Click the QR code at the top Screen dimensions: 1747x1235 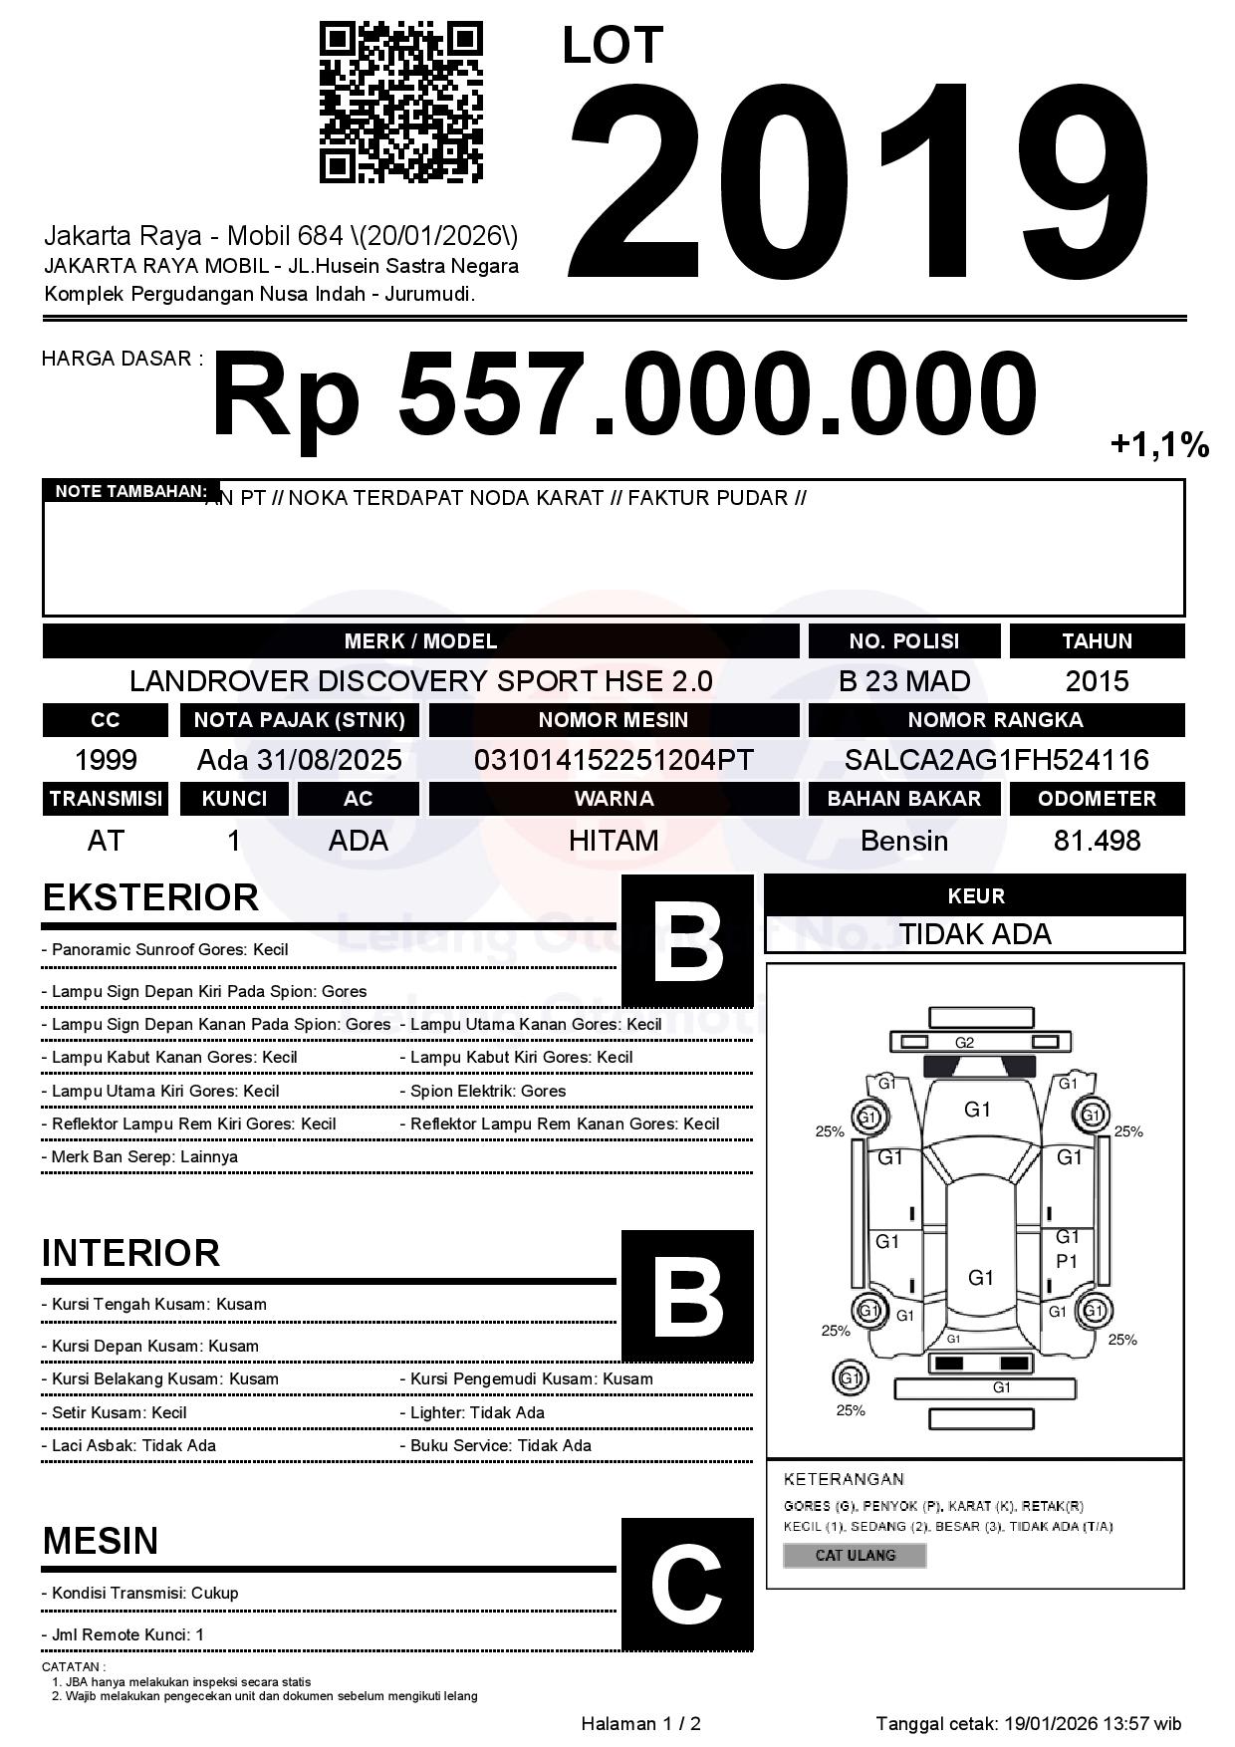pos(400,103)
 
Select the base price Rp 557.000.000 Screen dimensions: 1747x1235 pos(623,394)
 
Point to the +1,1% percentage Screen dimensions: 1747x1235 pos(1159,445)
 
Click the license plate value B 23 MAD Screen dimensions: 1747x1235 pos(903,681)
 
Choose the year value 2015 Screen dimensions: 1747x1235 pos(1097,681)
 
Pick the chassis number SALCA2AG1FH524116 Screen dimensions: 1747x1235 pos(996,760)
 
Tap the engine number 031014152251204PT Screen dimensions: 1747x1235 pos(614,760)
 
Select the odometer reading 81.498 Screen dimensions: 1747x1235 pos(1097,841)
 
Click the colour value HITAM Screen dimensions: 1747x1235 pos(614,841)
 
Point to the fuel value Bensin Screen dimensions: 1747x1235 pos(903,841)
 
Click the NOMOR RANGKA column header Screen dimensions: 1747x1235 pos(996,720)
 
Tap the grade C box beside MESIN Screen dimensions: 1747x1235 pos(687,1584)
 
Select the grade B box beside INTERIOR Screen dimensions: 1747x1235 pos(687,1295)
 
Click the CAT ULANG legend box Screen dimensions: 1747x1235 pos(855,1555)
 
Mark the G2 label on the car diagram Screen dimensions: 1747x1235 pos(964,1043)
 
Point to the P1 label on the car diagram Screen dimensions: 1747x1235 pos(1067,1261)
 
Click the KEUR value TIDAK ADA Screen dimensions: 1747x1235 pos(975,934)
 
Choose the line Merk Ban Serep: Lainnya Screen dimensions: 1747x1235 pos(139,1157)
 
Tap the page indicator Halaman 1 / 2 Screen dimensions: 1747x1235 pos(640,1723)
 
